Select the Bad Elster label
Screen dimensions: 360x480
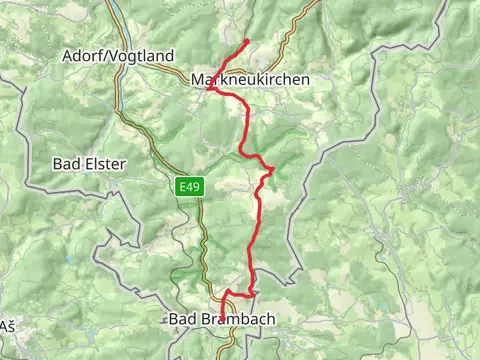[x=90, y=162]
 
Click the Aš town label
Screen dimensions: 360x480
[x=8, y=326]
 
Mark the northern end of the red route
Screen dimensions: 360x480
[x=247, y=41]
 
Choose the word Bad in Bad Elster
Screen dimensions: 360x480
[x=67, y=162]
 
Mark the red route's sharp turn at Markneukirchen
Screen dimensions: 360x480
[x=209, y=89]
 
